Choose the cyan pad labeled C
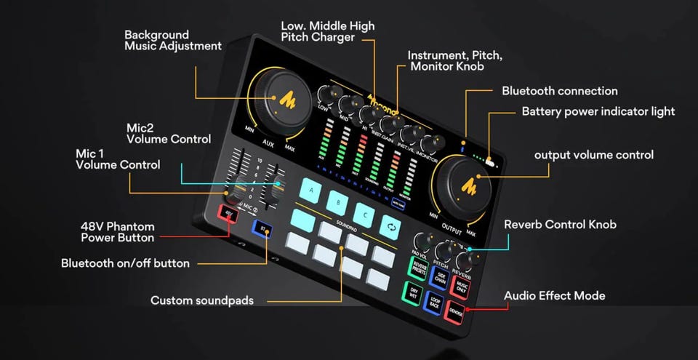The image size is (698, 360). click(x=364, y=212)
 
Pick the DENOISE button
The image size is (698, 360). click(x=456, y=311)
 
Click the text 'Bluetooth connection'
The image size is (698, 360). click(x=560, y=91)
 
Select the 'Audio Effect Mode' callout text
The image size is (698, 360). click(x=555, y=296)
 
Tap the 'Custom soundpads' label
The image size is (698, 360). click(x=201, y=300)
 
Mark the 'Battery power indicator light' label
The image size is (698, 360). click(x=598, y=111)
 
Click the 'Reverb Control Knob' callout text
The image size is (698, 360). click(x=560, y=224)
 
